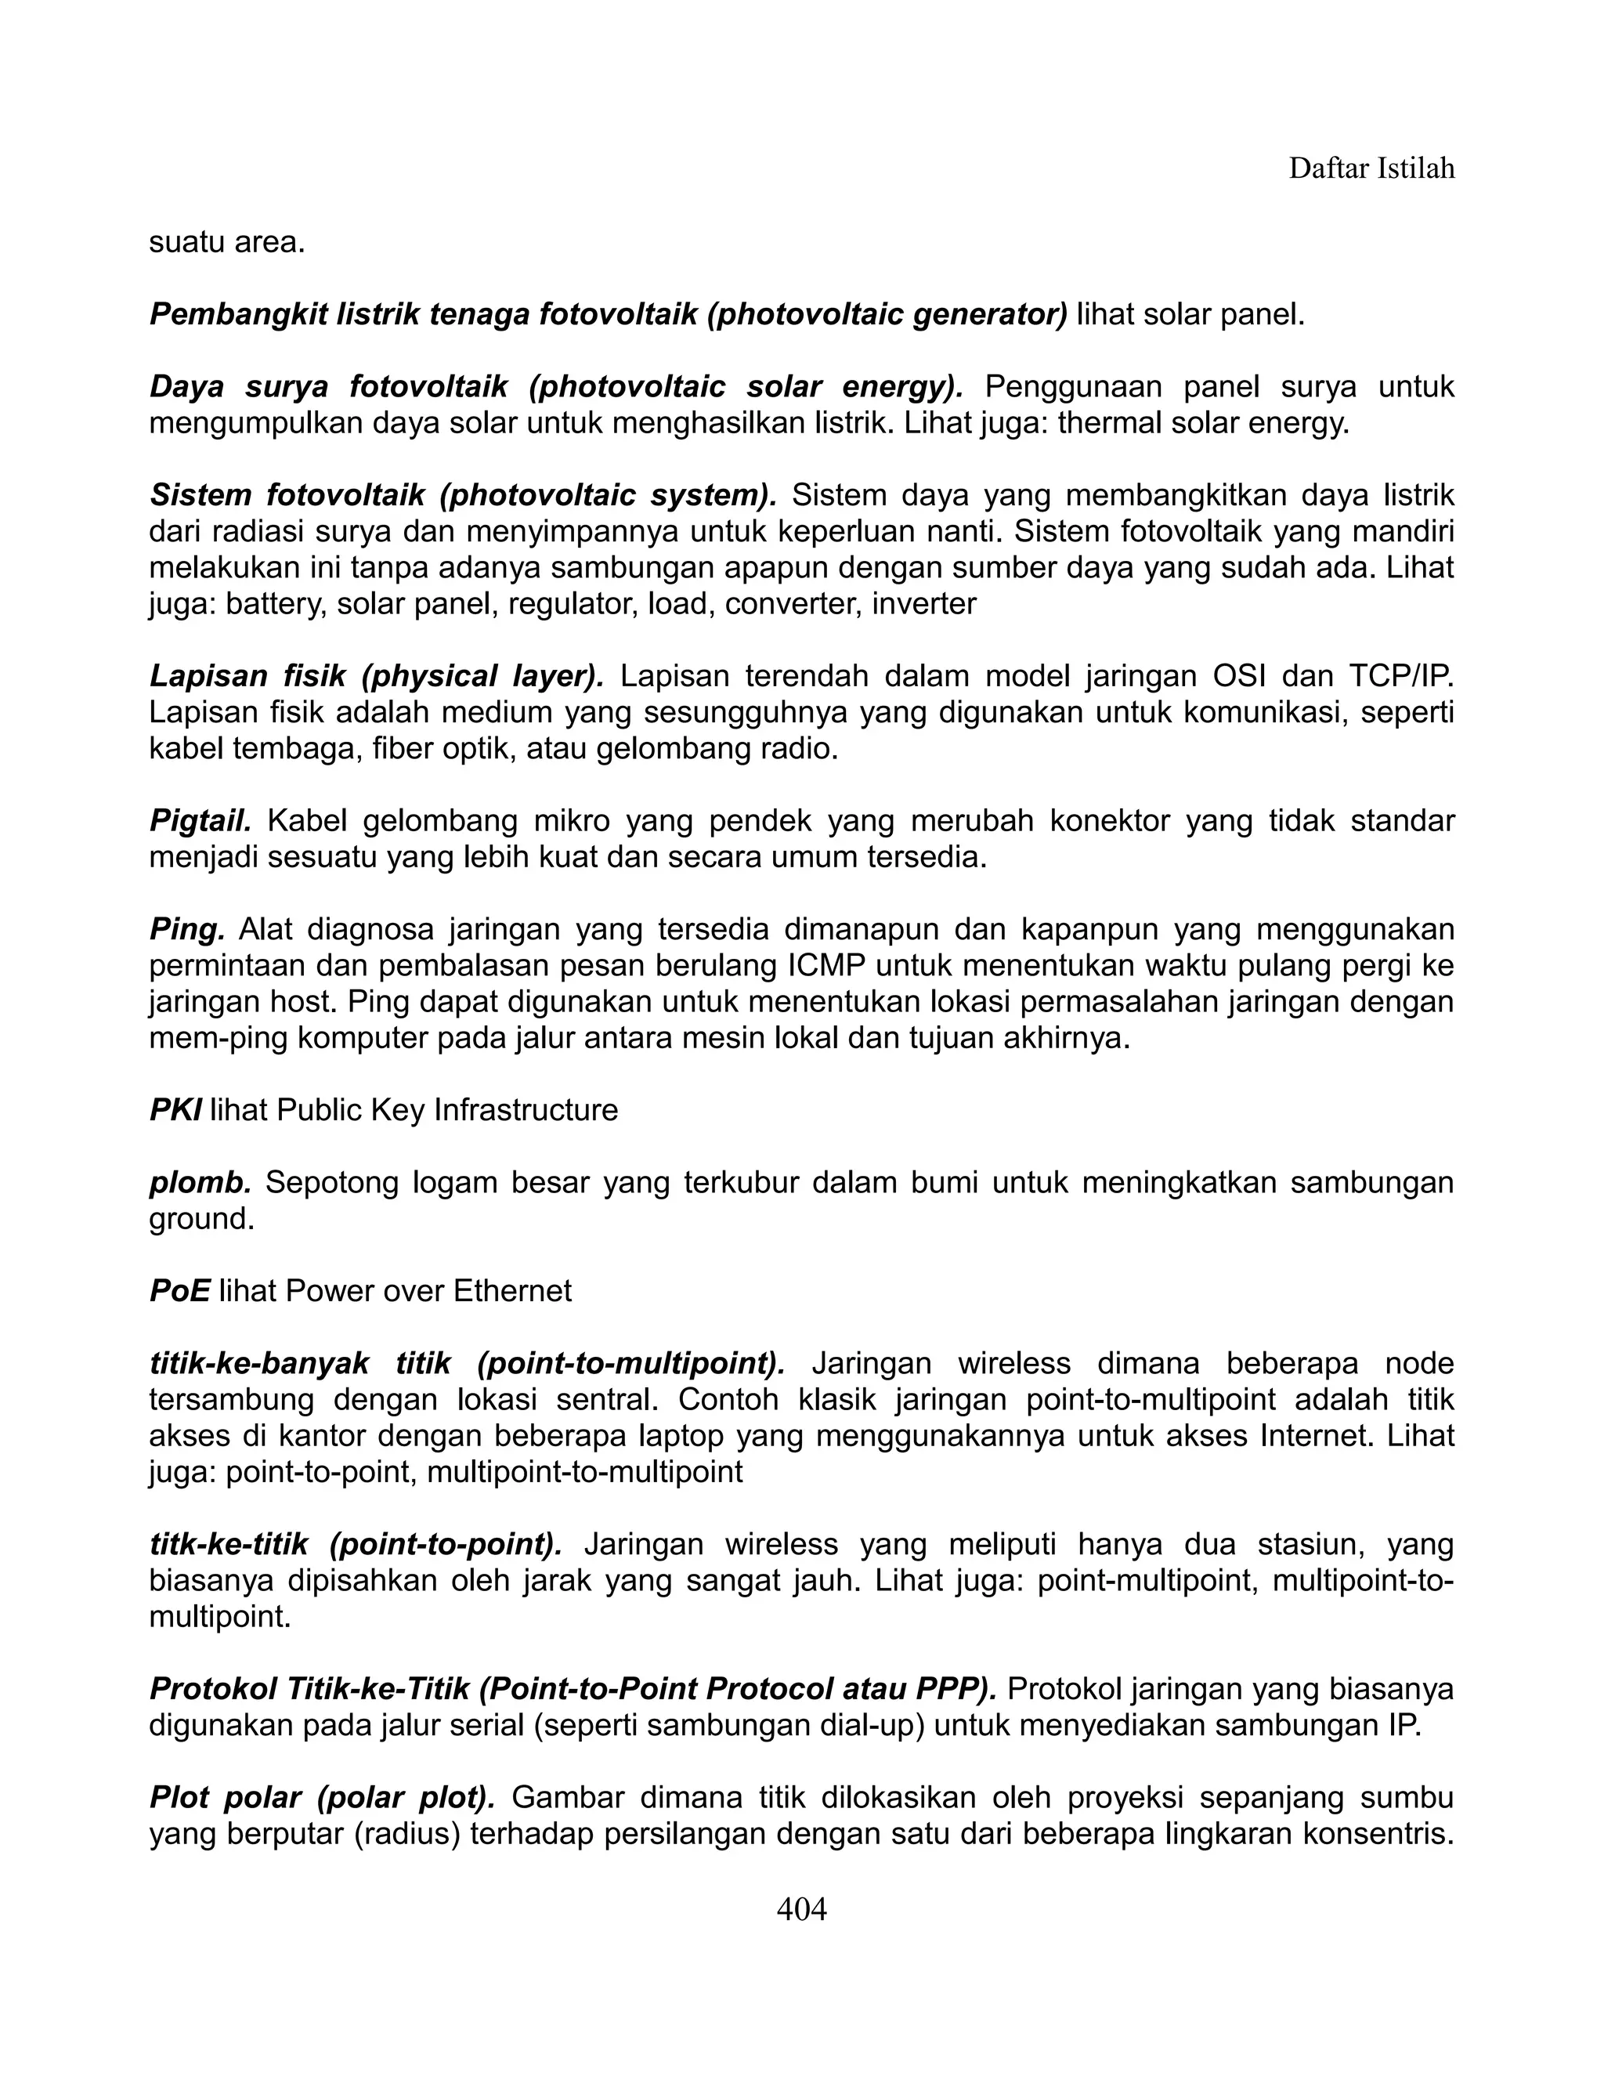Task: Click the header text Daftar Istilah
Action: (1371, 168)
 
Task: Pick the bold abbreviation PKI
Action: (175, 1109)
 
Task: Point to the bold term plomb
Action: (200, 1181)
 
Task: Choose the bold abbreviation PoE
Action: (179, 1290)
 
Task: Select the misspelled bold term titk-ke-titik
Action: (229, 1545)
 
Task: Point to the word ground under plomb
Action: (200, 1219)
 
